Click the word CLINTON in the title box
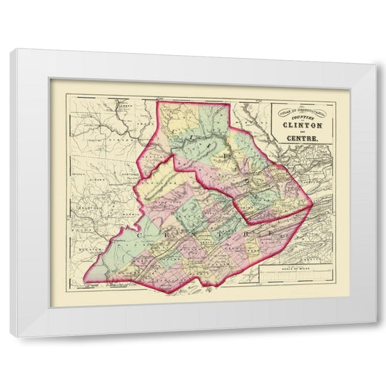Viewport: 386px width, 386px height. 299,122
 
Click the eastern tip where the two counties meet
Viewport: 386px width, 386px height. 309,212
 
